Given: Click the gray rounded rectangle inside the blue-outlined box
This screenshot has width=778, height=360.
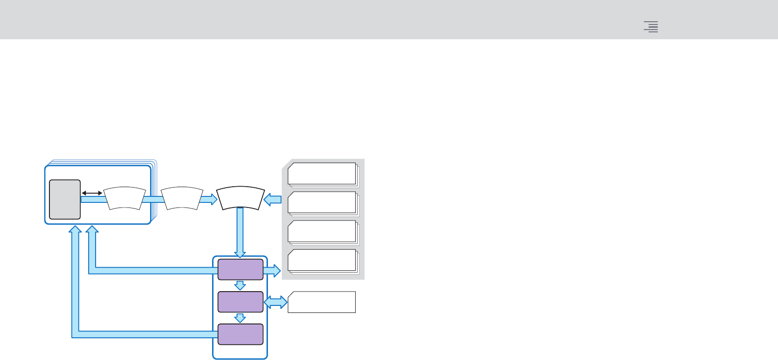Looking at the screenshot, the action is tap(65, 199).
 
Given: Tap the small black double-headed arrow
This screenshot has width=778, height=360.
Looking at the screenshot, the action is tap(92, 193).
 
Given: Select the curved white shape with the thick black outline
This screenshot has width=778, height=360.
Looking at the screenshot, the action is tap(240, 198).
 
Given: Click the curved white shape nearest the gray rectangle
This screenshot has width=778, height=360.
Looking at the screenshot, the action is tap(124, 199).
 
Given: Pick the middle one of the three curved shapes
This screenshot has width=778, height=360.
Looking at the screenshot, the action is tap(182, 199).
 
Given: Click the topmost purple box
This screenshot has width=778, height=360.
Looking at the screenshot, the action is tap(240, 269).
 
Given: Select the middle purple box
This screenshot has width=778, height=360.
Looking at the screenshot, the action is tap(240, 302).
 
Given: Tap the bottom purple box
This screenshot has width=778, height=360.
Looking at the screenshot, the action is tap(240, 334).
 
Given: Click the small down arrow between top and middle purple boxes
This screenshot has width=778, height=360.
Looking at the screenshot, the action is tap(240, 285).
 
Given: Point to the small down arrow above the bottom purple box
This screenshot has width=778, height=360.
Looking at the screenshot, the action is tap(240, 318).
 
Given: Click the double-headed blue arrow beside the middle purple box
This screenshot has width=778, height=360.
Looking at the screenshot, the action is tap(275, 302).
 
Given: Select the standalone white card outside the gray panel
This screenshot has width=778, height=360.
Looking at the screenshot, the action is tap(322, 302).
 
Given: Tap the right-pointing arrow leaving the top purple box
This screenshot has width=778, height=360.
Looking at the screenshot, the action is tap(273, 270).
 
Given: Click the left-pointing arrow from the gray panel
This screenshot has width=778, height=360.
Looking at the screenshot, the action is tap(273, 200).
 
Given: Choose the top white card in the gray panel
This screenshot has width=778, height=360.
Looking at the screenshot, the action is tap(322, 173).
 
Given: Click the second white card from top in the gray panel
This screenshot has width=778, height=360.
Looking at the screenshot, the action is tap(322, 202).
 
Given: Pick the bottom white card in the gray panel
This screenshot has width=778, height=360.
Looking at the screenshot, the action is tap(322, 260).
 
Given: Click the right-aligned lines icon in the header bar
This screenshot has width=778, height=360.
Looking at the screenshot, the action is tap(651, 27).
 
